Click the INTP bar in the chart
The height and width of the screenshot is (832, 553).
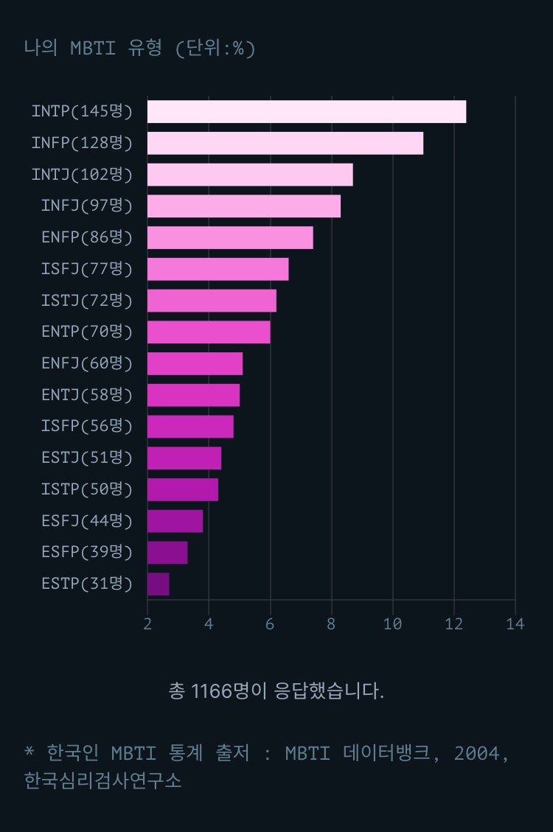306,112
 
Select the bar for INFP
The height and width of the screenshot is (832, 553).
285,143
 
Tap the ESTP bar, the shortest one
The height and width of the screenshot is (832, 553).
158,584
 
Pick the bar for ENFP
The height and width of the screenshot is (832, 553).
230,238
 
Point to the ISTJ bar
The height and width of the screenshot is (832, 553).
212,301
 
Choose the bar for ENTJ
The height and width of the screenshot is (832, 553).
193,395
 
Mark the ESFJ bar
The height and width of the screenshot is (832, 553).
175,521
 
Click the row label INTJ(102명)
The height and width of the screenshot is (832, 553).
82,175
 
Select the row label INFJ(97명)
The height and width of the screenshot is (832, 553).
87,206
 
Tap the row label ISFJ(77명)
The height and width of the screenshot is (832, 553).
87,269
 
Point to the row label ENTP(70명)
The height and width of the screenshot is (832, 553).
87,332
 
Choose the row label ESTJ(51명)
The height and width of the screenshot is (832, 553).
87,458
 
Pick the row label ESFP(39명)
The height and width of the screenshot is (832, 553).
87,552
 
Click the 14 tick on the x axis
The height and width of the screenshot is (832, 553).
515,624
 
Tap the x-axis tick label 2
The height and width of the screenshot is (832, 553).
147,624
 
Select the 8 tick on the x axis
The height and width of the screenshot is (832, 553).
331,624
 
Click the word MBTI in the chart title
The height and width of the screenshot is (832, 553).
94,49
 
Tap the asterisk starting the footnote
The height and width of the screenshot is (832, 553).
29,752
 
